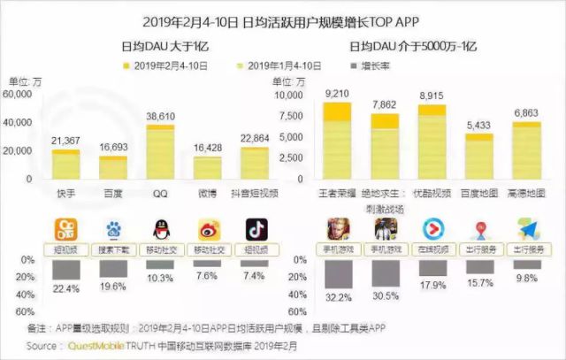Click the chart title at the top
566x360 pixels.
click(x=282, y=19)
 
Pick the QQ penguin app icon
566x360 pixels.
click(x=160, y=231)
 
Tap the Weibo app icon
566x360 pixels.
click(x=208, y=231)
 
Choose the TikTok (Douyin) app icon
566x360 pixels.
click(x=256, y=231)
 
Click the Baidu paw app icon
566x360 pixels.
click(x=113, y=231)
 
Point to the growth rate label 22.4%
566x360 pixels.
click(x=66, y=287)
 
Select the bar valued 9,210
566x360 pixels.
click(x=338, y=142)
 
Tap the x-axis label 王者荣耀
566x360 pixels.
click(x=338, y=192)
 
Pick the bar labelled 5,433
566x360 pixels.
click(x=478, y=157)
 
